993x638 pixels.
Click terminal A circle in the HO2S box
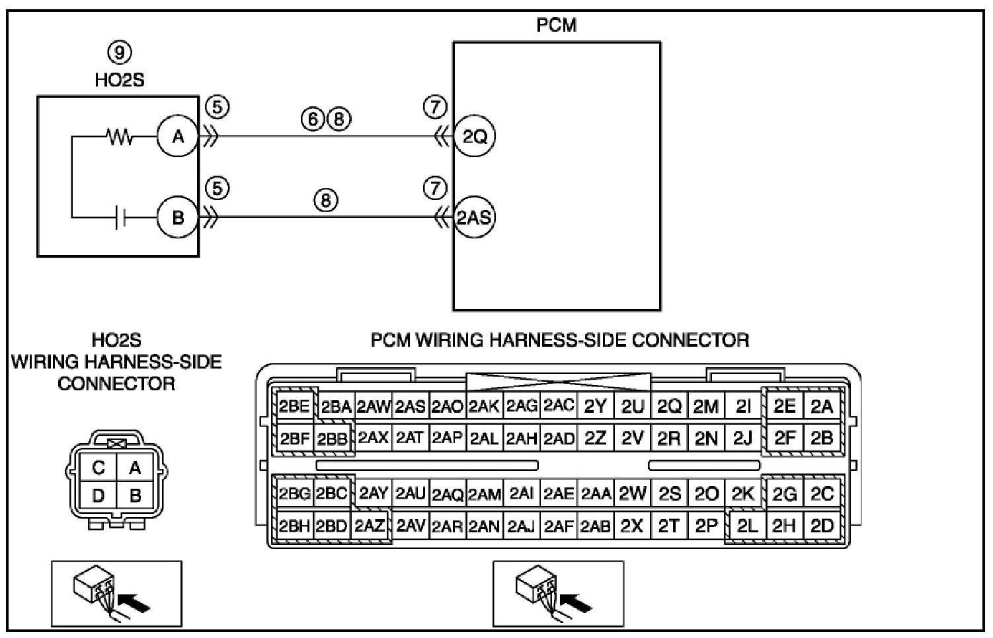point(178,137)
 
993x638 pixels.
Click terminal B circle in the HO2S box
point(178,217)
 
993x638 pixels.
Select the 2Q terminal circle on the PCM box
point(475,137)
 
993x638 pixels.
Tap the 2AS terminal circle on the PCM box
point(475,217)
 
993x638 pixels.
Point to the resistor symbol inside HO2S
point(120,137)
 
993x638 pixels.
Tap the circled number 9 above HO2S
point(119,53)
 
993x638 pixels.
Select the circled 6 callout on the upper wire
point(313,119)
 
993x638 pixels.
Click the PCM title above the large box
point(556,25)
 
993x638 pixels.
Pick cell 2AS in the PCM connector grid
point(410,407)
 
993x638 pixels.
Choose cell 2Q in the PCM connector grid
point(669,407)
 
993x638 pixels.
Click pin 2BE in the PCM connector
point(294,406)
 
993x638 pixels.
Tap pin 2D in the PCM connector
point(822,526)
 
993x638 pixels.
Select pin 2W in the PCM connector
point(633,493)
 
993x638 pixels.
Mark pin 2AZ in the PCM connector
point(370,526)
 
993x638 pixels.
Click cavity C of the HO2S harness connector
point(99,468)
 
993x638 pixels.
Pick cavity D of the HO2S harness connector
point(99,495)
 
